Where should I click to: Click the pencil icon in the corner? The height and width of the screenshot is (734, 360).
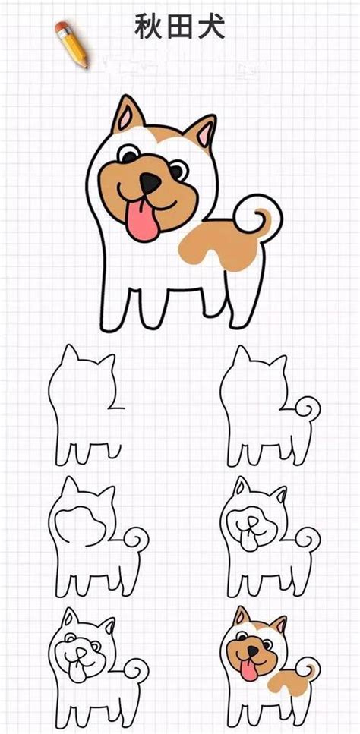coord(71,43)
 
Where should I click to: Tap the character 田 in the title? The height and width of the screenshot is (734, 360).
coord(181,29)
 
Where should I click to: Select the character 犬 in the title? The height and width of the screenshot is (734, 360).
coord(213,29)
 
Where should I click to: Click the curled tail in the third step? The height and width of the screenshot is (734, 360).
coord(138,540)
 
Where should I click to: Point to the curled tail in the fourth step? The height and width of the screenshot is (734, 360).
coord(306,540)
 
